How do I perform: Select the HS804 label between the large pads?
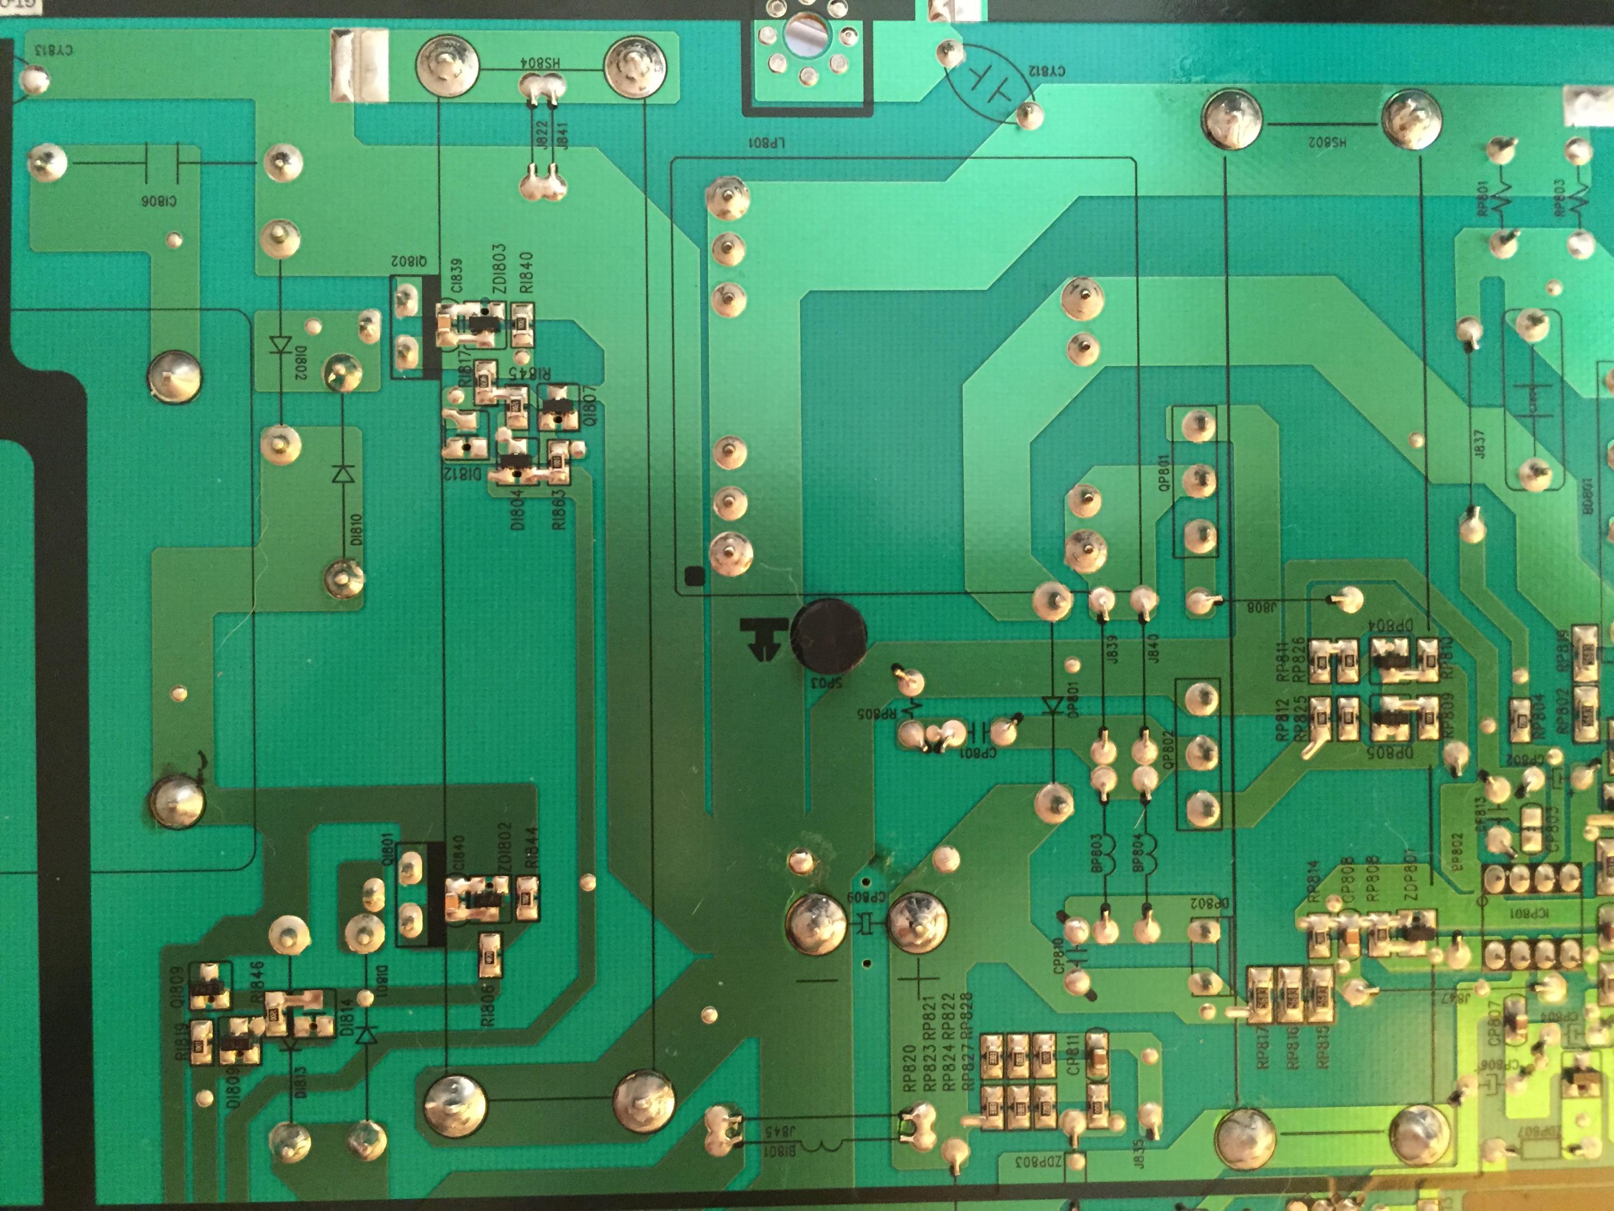tap(541, 63)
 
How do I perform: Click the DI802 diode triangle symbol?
tap(280, 344)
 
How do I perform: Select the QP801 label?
tap(1165, 475)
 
